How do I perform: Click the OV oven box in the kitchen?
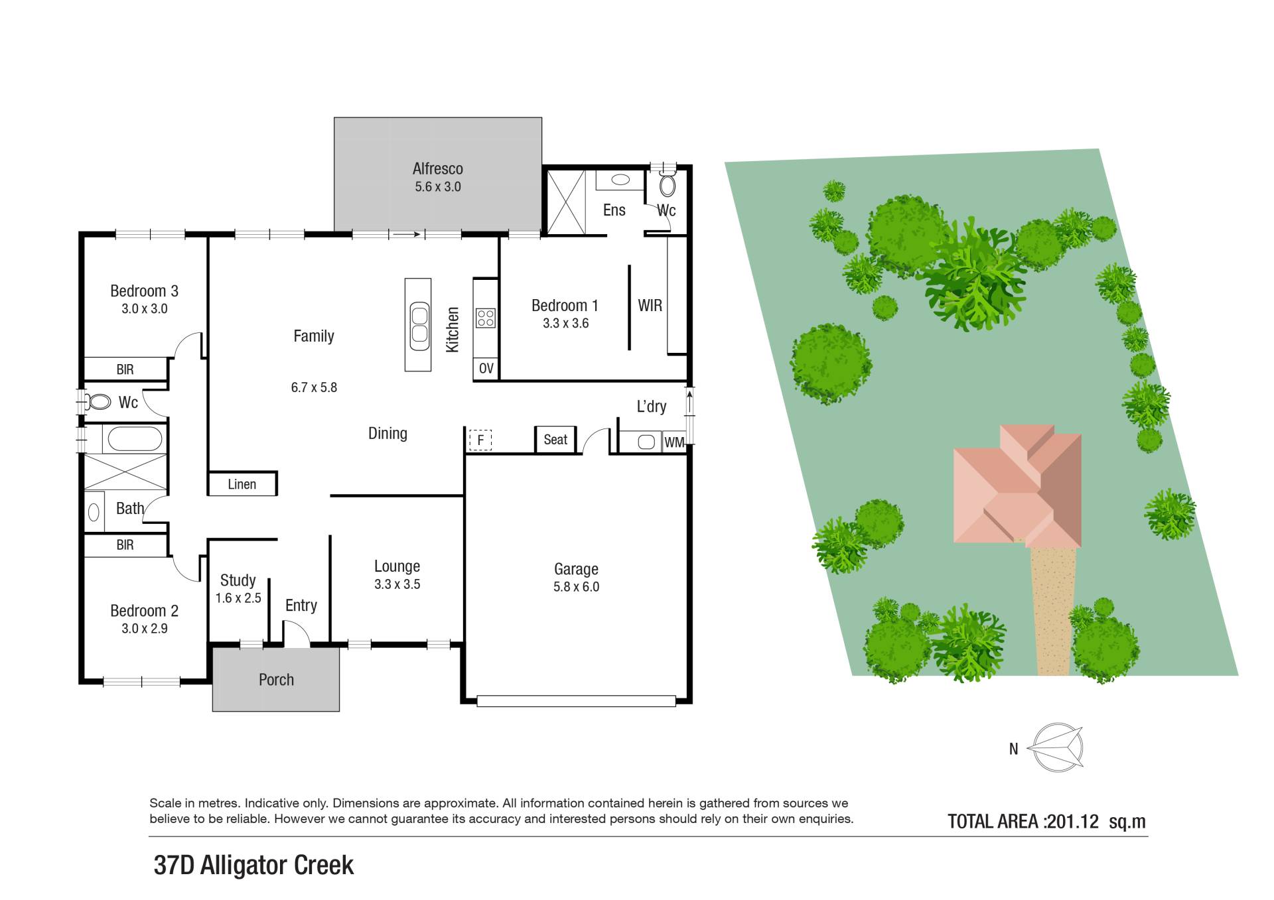coord(486,369)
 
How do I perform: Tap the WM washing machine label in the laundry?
coord(673,442)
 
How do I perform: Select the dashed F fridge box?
coord(480,440)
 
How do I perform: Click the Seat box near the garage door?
coord(555,440)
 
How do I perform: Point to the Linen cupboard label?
coord(242,484)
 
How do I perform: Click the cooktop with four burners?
coord(486,318)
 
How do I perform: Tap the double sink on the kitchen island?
coord(419,325)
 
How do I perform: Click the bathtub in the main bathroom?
coord(134,439)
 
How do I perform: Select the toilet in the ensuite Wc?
coord(667,185)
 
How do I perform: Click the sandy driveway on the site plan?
coord(1052,611)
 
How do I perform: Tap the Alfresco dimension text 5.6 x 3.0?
coord(438,187)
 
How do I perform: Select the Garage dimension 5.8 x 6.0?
coord(576,587)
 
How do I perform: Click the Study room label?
coord(238,580)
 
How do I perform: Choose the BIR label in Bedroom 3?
coord(125,369)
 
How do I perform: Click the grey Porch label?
coord(276,680)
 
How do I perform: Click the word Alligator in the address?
coord(244,866)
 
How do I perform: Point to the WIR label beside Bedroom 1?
coord(650,306)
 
